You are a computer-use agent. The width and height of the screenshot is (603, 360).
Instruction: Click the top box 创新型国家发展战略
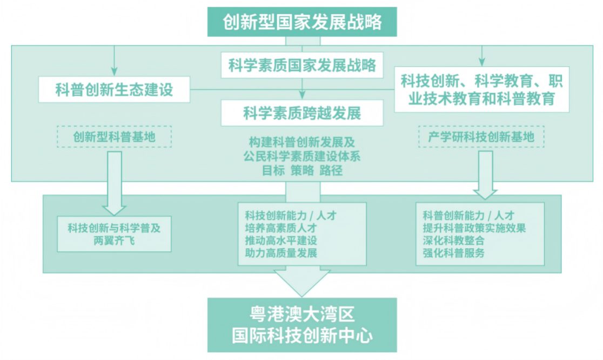tap(303, 22)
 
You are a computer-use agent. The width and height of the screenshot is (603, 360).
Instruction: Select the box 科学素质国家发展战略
tap(302, 65)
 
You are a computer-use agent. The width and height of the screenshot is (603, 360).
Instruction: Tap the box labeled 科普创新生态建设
tap(115, 89)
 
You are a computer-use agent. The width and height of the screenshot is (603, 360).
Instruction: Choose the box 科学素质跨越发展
tap(302, 113)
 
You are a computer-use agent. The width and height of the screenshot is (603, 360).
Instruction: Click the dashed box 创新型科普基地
tap(114, 137)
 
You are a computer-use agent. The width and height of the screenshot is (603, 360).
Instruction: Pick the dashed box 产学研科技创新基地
tap(481, 137)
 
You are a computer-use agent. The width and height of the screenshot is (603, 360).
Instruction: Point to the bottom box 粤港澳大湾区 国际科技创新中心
tap(303, 324)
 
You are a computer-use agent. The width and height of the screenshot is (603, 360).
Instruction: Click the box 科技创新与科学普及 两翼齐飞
tap(114, 234)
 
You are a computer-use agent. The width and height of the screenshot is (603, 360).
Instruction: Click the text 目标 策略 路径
tap(302, 169)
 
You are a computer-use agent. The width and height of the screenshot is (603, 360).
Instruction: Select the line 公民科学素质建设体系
tap(302, 156)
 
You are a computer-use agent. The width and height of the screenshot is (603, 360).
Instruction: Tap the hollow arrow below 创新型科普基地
tap(114, 184)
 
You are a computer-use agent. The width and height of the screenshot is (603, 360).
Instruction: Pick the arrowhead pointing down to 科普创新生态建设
tap(115, 70)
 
